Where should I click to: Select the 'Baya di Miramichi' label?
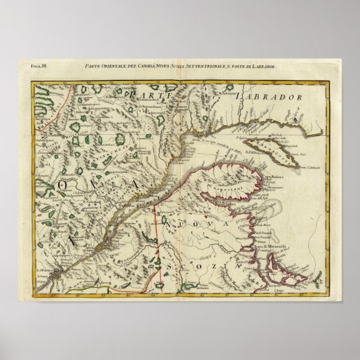271,245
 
